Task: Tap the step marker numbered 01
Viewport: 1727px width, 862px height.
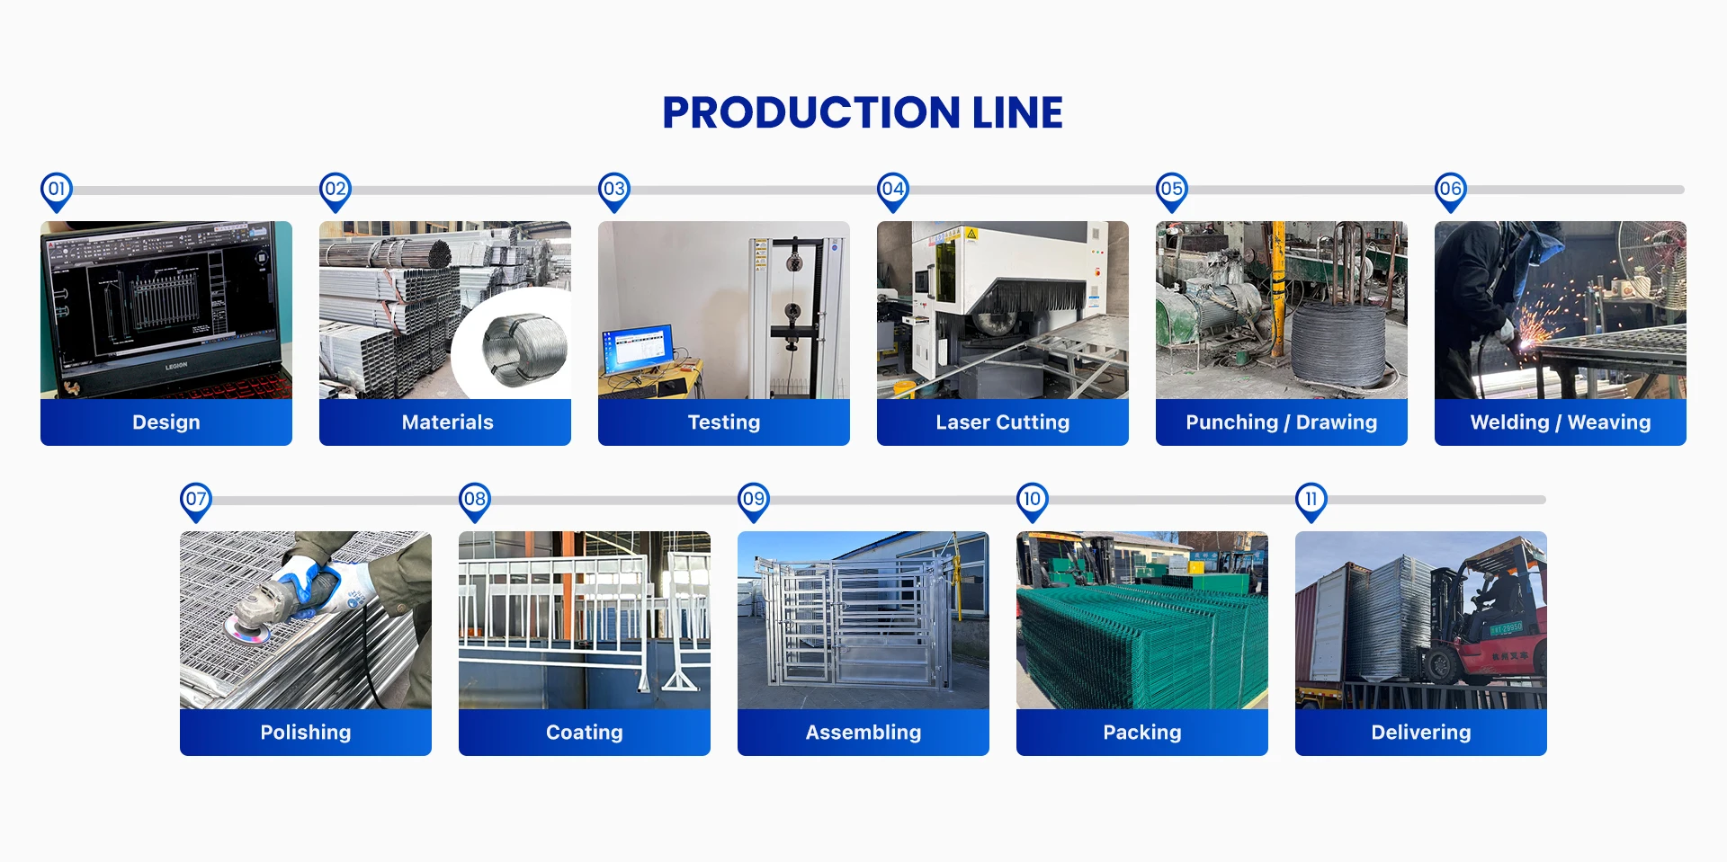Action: tap(57, 190)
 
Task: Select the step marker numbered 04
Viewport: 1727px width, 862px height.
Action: tap(893, 190)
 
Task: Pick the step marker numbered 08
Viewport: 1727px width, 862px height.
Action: tap(475, 500)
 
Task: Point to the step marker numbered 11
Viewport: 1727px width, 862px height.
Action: tap(1311, 500)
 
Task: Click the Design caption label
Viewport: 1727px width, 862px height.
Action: tap(166, 422)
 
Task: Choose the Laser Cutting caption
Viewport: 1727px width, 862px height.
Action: tap(1002, 422)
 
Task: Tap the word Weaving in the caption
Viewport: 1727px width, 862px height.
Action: tap(1609, 422)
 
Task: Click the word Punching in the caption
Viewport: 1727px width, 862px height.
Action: tap(1231, 422)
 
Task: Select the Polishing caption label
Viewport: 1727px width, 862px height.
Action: tap(306, 733)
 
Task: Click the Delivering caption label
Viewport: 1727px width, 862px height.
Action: tap(1421, 733)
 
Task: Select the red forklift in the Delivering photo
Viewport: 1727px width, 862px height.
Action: tap(1493, 629)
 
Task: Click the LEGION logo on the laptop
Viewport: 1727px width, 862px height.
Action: tap(176, 366)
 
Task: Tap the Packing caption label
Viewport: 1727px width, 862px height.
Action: tap(1142, 733)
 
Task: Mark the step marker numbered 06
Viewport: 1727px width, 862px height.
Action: tap(1451, 190)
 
